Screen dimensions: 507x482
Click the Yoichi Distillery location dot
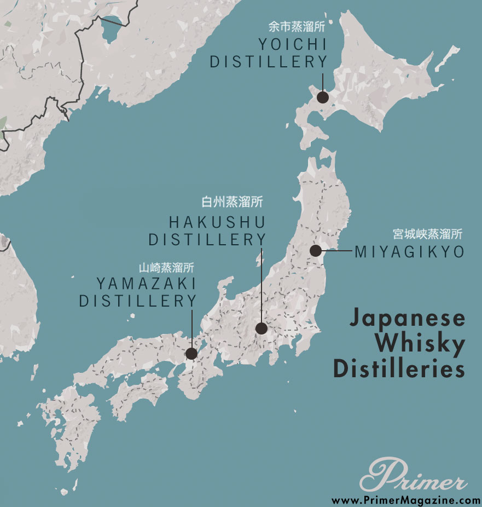pyautogui.click(x=323, y=97)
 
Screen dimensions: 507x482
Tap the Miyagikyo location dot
pyautogui.click(x=315, y=251)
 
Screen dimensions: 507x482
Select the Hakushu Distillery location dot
pyautogui.click(x=262, y=329)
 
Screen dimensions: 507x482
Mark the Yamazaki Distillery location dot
pyautogui.click(x=191, y=354)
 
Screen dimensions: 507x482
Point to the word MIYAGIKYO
pyautogui.click(x=409, y=252)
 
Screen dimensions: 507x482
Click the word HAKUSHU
pyautogui.click(x=217, y=222)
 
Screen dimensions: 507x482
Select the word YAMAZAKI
pyautogui.click(x=146, y=284)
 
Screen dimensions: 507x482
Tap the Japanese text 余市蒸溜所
pyautogui.click(x=297, y=26)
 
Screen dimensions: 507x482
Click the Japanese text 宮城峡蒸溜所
pyautogui.click(x=427, y=234)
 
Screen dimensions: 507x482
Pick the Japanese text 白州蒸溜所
pyautogui.click(x=232, y=202)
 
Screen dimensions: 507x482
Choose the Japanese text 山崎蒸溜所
pyautogui.click(x=166, y=268)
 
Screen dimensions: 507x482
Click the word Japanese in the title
pyautogui.click(x=406, y=319)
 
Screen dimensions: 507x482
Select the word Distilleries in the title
pyautogui.click(x=399, y=368)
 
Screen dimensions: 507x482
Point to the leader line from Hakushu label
pyautogui.click(x=262, y=285)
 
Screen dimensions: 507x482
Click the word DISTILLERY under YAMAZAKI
pyautogui.click(x=138, y=301)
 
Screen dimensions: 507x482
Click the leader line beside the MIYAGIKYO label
pyautogui.click(x=336, y=251)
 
